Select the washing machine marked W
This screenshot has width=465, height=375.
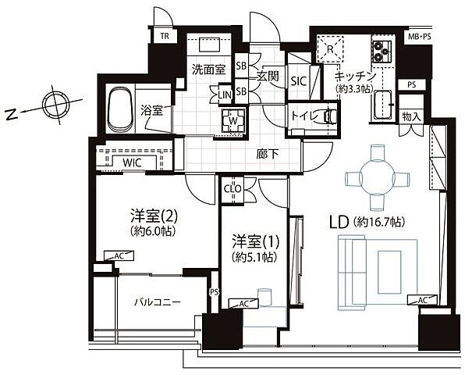pos(232,120)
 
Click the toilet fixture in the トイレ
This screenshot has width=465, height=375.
pos(330,116)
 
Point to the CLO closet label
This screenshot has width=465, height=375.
pos(232,187)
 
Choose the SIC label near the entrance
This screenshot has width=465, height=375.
pos(298,80)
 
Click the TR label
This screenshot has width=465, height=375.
pos(165,37)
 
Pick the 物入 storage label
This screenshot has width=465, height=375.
pos(411,117)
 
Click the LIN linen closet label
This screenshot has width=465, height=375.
pos(225,95)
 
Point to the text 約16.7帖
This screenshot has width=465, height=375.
pos(382,223)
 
